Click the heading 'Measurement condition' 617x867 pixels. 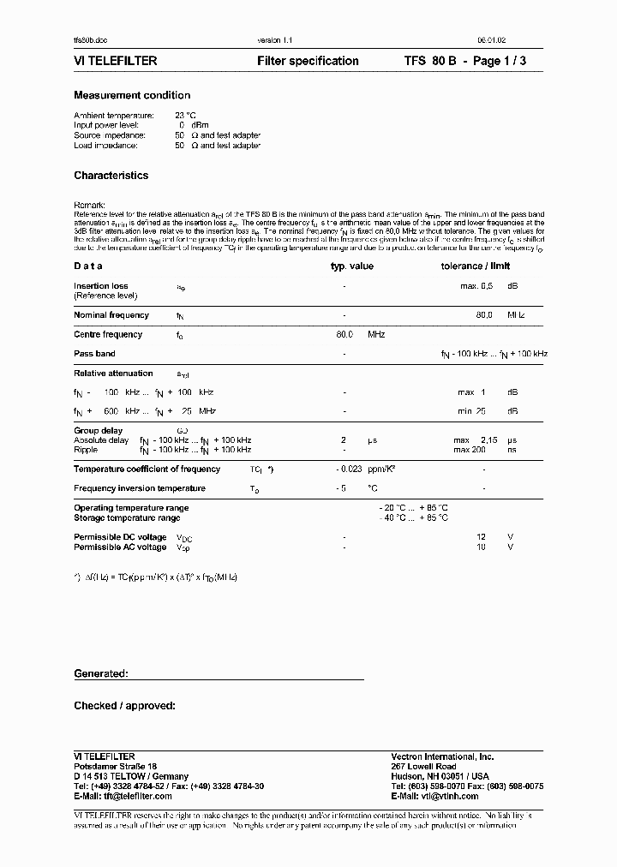click(132, 95)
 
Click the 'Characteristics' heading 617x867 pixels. click(111, 176)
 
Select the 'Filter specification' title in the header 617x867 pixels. click(308, 61)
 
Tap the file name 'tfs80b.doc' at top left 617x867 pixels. click(90, 41)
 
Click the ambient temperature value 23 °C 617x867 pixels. click(186, 115)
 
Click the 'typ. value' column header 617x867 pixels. click(352, 266)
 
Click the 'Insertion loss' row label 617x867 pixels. click(101, 286)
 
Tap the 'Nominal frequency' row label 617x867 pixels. click(111, 315)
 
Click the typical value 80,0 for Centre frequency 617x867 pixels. click(344, 335)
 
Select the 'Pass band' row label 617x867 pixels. click(94, 354)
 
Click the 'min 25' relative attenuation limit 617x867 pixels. click(471, 411)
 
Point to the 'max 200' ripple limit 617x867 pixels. click(470, 450)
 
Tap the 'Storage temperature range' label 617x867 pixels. click(127, 518)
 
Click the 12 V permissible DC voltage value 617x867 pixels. click(482, 537)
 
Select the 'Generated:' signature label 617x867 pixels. click(100, 674)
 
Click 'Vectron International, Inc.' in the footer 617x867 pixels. click(442, 756)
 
